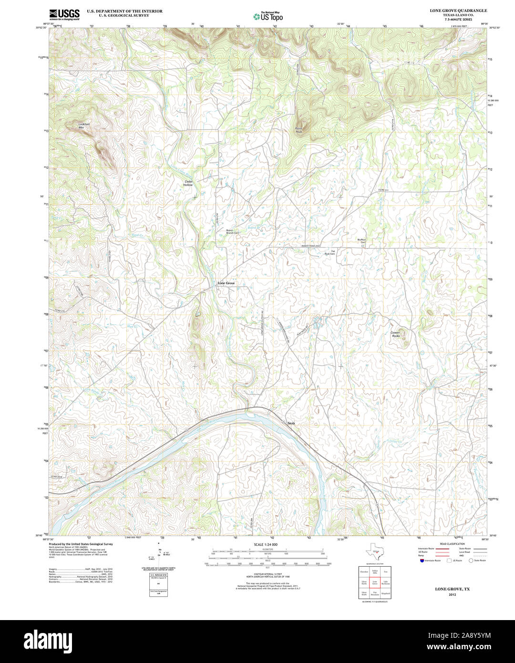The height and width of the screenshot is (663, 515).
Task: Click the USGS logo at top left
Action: [x=64, y=14]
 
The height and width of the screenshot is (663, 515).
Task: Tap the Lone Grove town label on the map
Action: [x=226, y=283]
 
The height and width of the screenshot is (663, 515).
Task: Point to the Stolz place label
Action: [x=291, y=423]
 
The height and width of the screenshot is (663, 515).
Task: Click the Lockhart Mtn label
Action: [x=84, y=126]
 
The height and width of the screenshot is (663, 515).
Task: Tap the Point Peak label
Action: [x=299, y=130]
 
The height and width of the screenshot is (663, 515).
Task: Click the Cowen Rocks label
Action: [x=395, y=334]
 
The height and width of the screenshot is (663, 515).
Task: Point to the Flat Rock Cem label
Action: [x=330, y=252]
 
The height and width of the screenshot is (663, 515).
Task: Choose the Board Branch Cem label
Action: [x=233, y=232]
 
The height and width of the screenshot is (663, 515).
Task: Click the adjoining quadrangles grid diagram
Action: [x=375, y=582]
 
